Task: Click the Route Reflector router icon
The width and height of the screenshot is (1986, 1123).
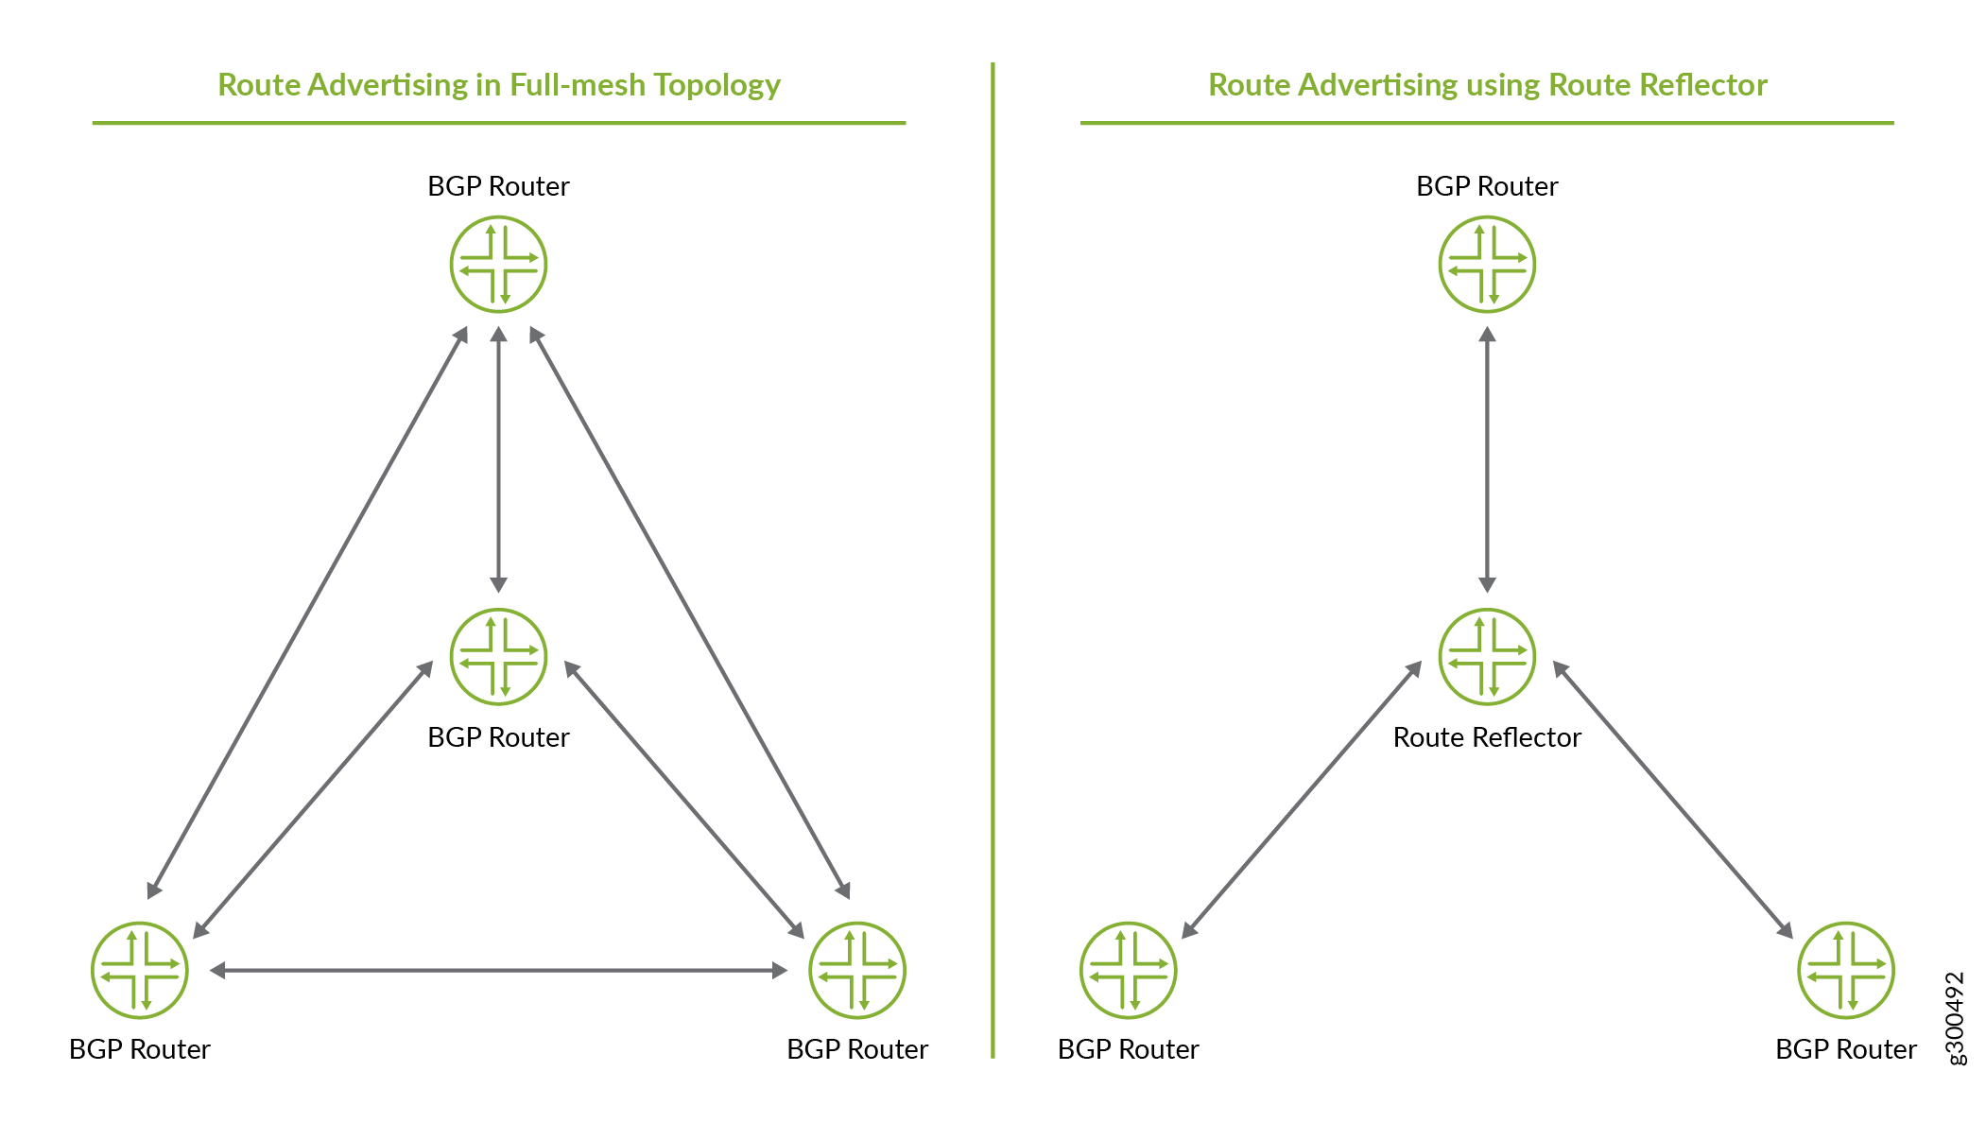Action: click(x=1487, y=656)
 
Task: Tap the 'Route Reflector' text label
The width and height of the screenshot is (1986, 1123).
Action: click(x=1487, y=737)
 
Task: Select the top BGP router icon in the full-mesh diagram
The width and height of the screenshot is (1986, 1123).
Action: click(x=498, y=264)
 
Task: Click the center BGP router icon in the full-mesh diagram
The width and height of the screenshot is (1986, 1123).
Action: click(x=498, y=656)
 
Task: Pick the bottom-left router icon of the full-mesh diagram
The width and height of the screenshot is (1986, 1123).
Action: click(x=140, y=970)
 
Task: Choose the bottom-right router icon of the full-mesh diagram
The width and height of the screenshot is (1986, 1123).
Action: click(x=857, y=970)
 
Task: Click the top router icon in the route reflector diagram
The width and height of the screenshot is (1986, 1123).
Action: click(x=1487, y=264)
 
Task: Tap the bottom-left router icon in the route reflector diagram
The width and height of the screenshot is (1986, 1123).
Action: click(x=1129, y=970)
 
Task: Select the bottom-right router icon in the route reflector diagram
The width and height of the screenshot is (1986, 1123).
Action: click(x=1846, y=970)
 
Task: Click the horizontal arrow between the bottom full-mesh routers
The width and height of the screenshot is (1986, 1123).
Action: click(x=498, y=970)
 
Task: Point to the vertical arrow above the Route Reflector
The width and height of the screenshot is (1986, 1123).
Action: click(x=1487, y=459)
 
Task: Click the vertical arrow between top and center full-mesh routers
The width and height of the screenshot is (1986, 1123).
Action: click(x=498, y=459)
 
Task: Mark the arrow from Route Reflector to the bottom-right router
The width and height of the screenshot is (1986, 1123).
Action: click(x=1673, y=800)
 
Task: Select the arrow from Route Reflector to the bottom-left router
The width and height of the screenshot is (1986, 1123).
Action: click(x=1302, y=800)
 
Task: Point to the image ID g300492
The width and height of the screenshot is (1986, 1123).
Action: click(x=1956, y=1018)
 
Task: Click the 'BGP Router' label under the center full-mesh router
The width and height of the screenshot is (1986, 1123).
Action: click(x=498, y=737)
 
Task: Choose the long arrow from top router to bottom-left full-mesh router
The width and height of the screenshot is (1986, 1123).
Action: click(x=307, y=613)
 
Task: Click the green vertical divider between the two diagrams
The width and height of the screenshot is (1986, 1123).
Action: click(x=993, y=560)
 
